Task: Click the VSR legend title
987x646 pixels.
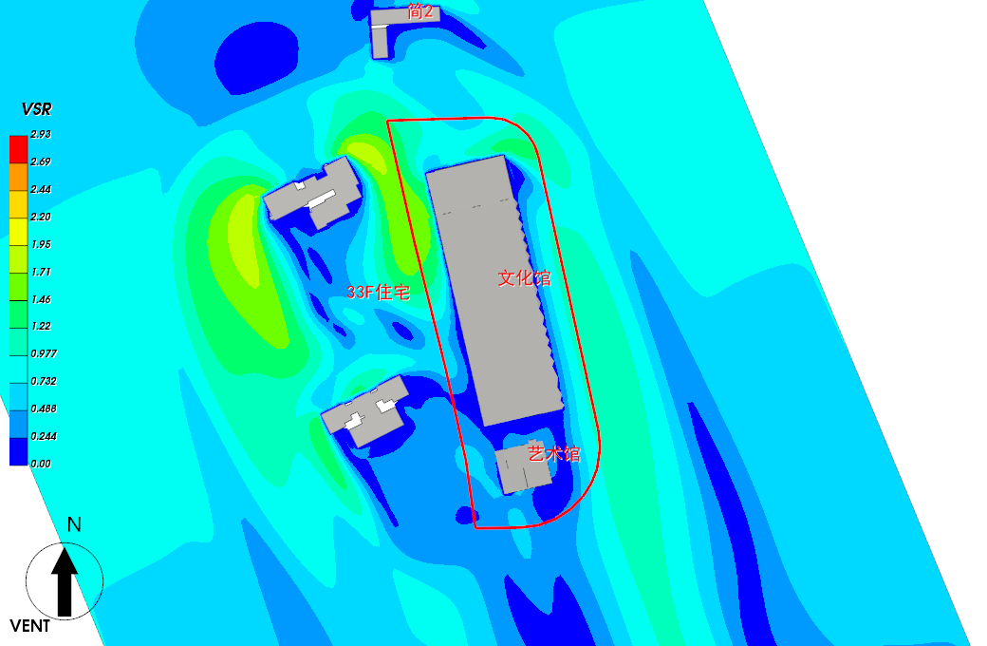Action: pyautogui.click(x=36, y=109)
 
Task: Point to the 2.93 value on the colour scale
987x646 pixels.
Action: pyautogui.click(x=41, y=134)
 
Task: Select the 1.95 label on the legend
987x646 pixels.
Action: pyautogui.click(x=41, y=244)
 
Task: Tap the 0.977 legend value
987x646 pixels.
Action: pyautogui.click(x=44, y=353)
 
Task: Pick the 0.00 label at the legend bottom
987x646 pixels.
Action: pyautogui.click(x=41, y=464)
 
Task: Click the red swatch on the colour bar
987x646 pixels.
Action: pyautogui.click(x=18, y=149)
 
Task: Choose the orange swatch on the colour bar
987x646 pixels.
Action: pyautogui.click(x=18, y=177)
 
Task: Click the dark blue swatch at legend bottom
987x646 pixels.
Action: pyautogui.click(x=18, y=451)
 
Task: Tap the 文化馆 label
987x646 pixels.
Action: pyautogui.click(x=524, y=278)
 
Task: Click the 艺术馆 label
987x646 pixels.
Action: pyautogui.click(x=554, y=453)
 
